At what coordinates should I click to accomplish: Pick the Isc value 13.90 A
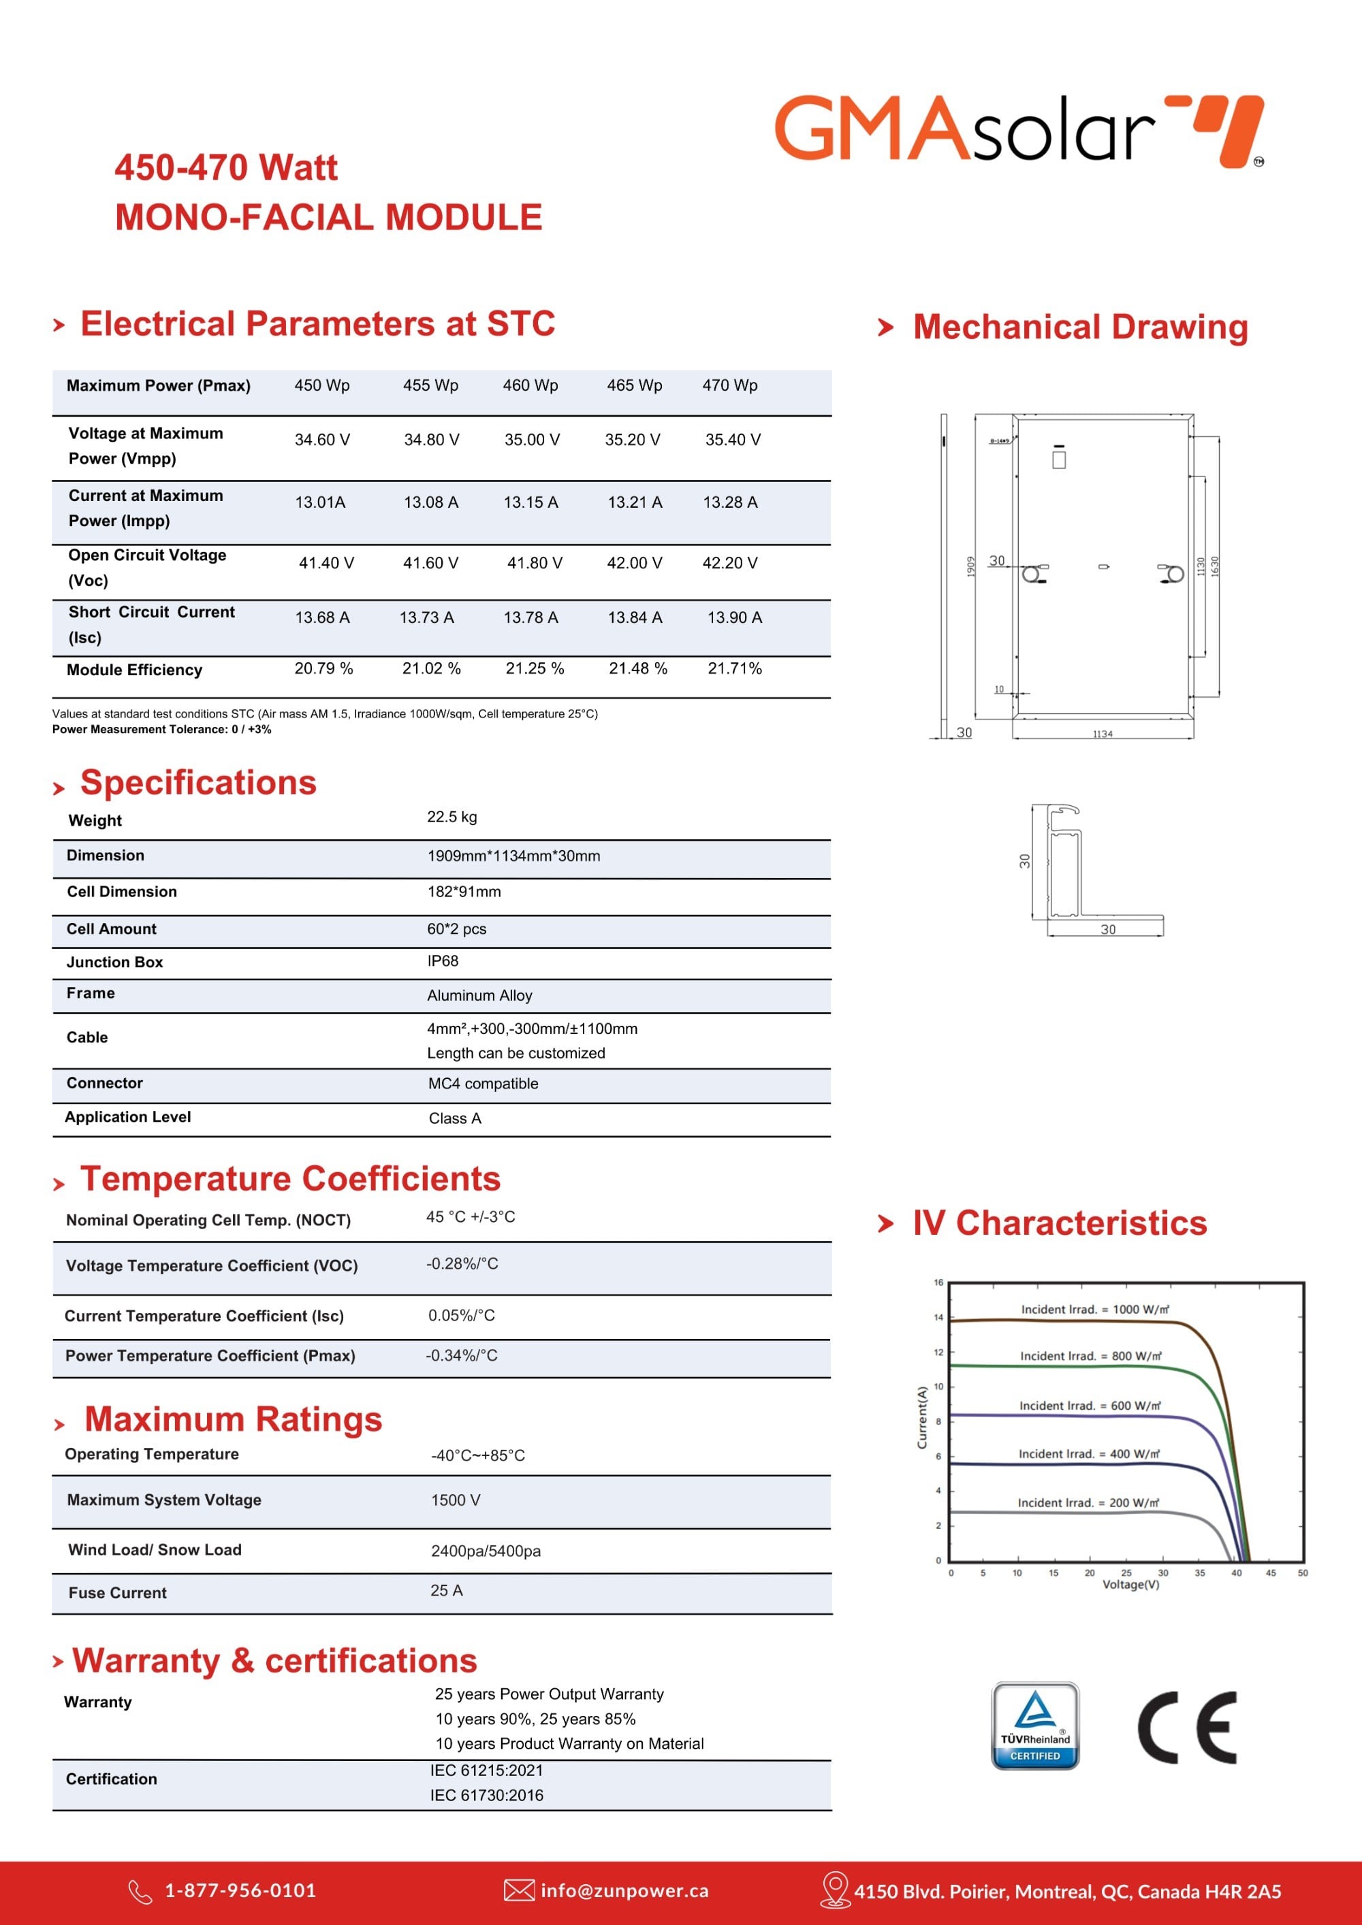(735, 617)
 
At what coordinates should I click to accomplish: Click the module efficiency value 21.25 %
(534, 668)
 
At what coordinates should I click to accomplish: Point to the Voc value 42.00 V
(634, 562)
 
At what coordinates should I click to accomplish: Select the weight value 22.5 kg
(452, 817)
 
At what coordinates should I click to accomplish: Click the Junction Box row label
(115, 962)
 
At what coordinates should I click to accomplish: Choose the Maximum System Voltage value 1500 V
(456, 1500)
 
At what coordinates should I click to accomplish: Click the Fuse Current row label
(117, 1593)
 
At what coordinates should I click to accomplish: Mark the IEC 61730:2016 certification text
(486, 1795)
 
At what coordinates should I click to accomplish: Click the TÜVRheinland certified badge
(1035, 1726)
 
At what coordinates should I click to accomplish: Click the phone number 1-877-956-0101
(240, 1891)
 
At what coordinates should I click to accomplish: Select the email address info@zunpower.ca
(624, 1891)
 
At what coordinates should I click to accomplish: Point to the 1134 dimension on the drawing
(1102, 734)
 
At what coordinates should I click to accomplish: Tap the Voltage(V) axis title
(1130, 1584)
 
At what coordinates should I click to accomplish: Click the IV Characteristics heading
(1059, 1223)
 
